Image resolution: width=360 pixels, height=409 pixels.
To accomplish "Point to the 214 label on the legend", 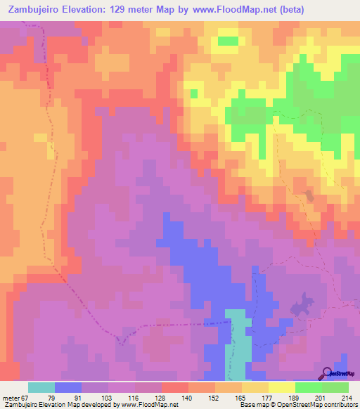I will click(346, 397).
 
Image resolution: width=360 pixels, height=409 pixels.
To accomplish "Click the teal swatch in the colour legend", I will click(41, 387).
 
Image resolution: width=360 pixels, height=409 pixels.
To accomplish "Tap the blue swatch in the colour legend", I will click(68, 387).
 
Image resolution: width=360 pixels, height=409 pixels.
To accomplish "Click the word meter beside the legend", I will click(11, 397).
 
